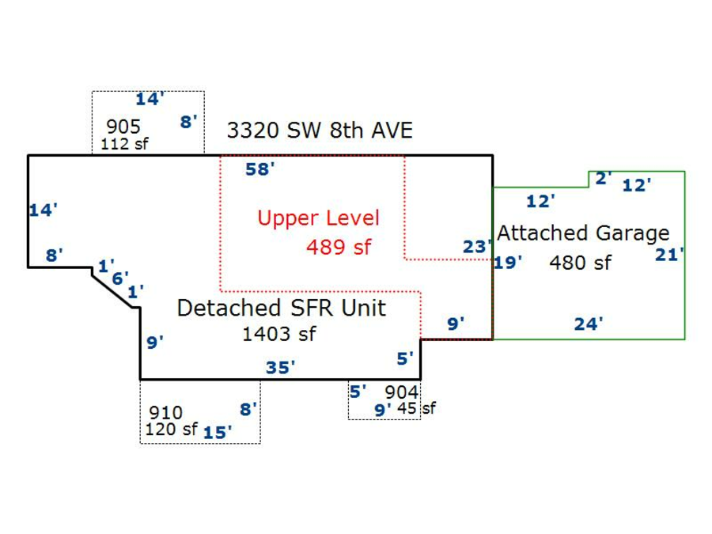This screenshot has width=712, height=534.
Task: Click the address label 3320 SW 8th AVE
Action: pos(320,131)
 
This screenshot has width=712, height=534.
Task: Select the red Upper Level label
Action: pos(318,218)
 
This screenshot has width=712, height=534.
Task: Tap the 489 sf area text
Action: pos(339,247)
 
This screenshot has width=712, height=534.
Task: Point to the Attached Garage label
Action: pos(583,233)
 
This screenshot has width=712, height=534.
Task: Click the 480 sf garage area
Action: pos(580,263)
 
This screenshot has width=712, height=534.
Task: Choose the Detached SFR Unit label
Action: pos(281,308)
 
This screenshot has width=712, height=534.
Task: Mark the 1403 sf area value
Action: pos(278,335)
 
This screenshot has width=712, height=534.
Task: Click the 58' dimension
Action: pos(259,169)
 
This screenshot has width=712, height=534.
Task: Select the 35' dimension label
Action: pos(280,367)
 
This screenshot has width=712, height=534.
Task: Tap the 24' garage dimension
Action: pos(589,324)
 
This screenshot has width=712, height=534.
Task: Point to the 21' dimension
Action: pos(669,255)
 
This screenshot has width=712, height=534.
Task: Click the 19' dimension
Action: pos(508,263)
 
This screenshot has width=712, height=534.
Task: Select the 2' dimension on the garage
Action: pos(603,179)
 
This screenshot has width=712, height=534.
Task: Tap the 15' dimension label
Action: pos(218,432)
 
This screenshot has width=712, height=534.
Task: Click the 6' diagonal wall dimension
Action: pos(119,278)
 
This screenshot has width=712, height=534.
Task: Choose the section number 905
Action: pos(123,127)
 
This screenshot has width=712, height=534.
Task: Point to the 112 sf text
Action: pos(124,144)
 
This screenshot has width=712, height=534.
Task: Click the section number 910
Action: pos(165,412)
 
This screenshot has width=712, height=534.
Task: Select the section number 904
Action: pos(400,392)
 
